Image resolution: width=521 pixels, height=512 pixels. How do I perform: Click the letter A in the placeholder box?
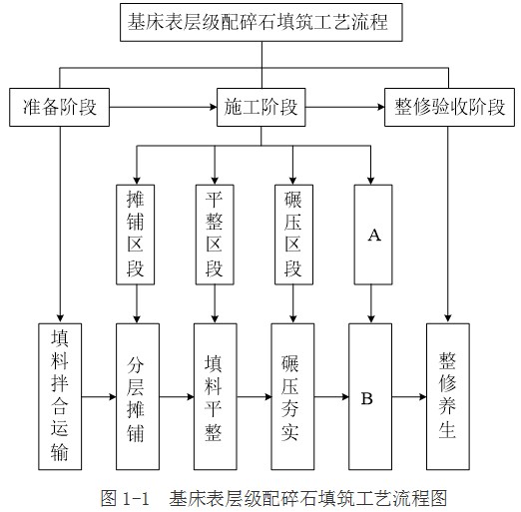coord(374,235)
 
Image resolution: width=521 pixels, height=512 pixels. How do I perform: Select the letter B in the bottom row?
coord(367,398)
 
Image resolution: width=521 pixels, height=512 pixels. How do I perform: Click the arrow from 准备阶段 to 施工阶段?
coord(163,107)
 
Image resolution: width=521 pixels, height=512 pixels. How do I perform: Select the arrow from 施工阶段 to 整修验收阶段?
coord(345,107)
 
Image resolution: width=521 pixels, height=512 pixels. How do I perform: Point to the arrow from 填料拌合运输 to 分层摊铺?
coord(99,396)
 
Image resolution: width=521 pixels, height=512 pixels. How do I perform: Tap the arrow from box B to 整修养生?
coord(409,396)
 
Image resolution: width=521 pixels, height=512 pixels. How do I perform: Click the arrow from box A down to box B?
coord(371,303)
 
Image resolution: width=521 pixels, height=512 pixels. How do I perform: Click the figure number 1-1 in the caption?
coord(136,499)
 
